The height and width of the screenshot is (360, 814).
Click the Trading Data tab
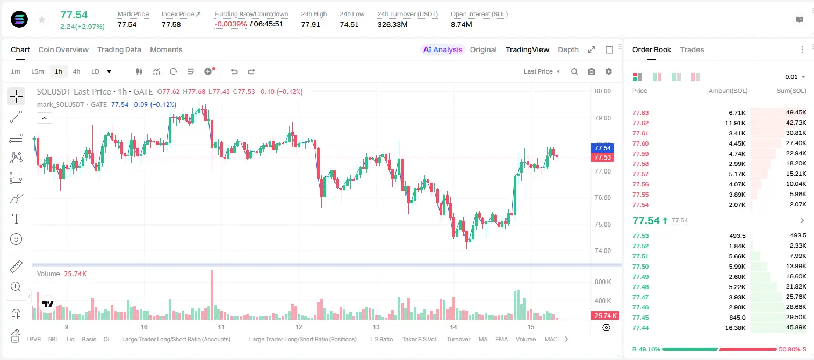pos(119,49)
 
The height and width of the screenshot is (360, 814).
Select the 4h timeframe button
pos(76,71)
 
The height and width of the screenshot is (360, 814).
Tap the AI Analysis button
pos(443,49)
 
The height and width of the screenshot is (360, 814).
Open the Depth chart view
pos(568,49)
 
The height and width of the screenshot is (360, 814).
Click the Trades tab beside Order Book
pos(692,49)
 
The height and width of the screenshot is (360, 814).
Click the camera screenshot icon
pos(592,71)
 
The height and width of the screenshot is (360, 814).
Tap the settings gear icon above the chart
pos(609,71)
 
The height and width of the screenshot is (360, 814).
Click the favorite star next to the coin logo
pos(42,20)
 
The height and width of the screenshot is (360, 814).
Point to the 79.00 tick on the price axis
pos(602,118)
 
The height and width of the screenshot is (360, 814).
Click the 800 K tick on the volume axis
pos(603,282)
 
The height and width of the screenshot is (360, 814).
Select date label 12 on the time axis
pos(298,327)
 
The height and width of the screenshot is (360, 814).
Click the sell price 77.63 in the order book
pos(640,113)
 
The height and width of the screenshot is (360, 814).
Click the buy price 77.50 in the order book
pos(640,267)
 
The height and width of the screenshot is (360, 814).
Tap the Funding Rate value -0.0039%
pos(230,24)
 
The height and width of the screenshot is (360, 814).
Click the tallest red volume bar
pos(212,295)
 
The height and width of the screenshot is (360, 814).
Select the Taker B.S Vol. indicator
pos(419,339)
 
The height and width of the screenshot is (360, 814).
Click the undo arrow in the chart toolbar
pos(234,71)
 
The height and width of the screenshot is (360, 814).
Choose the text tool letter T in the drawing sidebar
pos(16,219)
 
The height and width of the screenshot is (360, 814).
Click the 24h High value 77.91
pos(311,24)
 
